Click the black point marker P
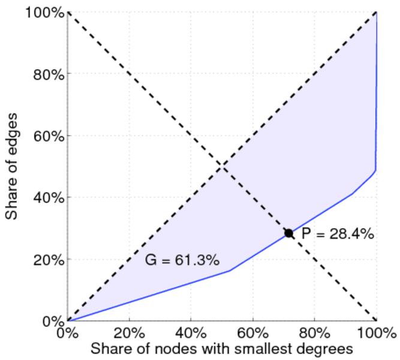288,233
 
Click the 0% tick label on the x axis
68,332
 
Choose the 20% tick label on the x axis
130,332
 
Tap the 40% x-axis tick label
191,332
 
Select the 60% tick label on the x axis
252,332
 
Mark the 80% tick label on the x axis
314,332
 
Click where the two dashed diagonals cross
222,166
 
